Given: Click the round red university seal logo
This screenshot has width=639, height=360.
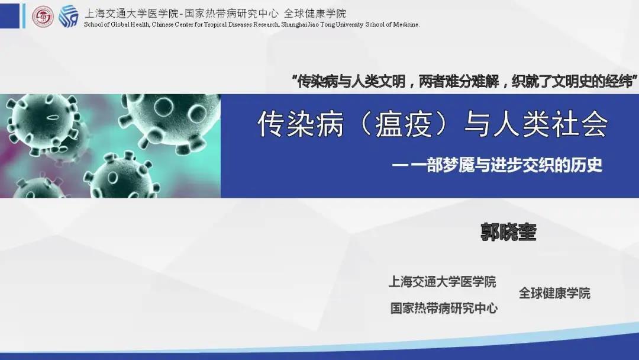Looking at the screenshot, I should tap(43, 17).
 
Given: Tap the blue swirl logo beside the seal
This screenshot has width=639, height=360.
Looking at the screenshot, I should tap(68, 17).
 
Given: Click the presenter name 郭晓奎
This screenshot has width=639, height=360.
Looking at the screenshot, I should tap(508, 233).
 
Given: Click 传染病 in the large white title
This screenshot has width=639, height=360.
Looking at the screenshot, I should tap(301, 124).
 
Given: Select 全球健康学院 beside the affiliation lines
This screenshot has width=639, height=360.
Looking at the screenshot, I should tap(554, 293).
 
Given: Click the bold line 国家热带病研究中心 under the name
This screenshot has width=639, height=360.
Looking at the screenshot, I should tap(444, 308).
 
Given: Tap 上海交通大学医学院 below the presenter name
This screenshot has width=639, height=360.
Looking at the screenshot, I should tap(442, 282).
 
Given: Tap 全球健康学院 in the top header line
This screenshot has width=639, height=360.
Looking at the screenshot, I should tap(315, 13).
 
